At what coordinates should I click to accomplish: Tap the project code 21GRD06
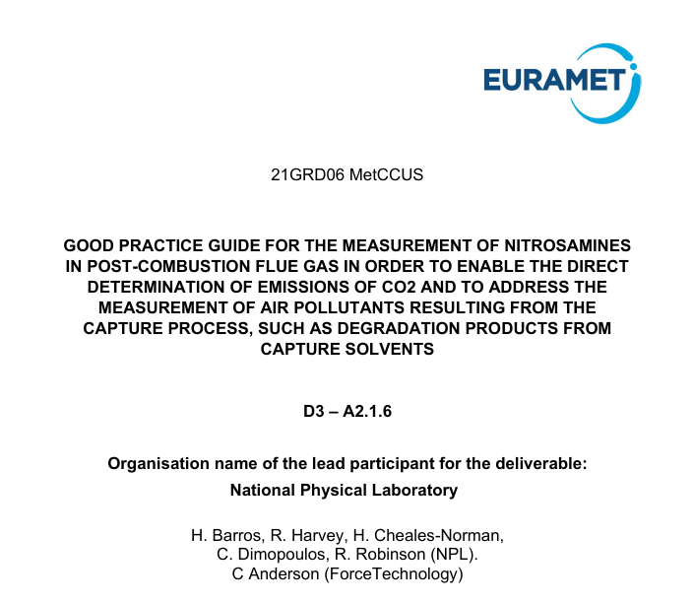click(307, 176)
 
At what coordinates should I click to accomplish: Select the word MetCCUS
click(386, 176)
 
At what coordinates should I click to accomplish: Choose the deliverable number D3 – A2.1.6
click(347, 412)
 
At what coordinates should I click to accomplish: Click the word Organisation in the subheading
click(158, 461)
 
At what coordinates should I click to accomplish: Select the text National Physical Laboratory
click(344, 489)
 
